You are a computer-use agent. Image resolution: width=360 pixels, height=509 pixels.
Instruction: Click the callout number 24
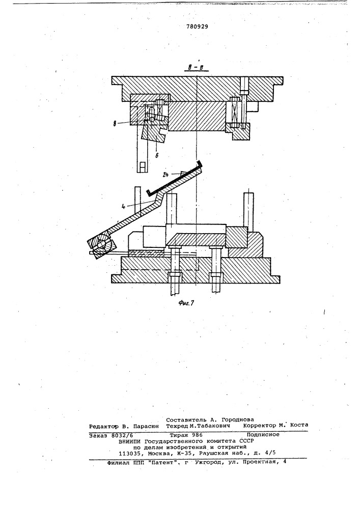pos(166,175)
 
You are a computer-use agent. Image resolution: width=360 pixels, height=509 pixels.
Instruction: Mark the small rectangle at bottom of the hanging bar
pos(143,166)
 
